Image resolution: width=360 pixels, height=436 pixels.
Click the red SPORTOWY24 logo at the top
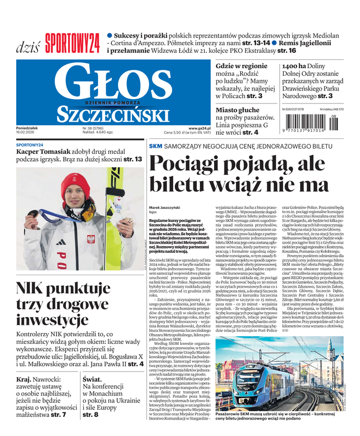[73, 41]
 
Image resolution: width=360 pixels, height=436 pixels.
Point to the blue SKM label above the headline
[156, 146]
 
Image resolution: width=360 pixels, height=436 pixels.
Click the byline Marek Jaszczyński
[165, 208]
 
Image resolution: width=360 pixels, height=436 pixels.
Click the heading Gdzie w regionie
[241, 66]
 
